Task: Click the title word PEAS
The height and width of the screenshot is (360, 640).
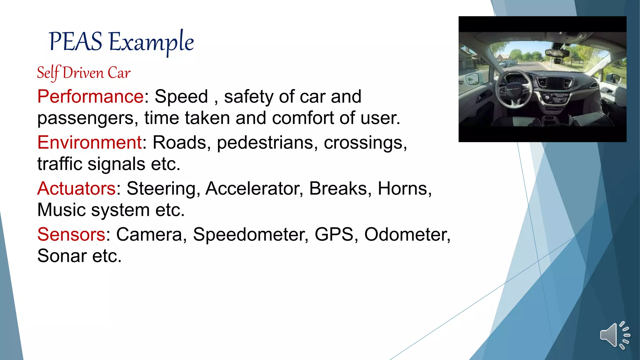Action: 76,42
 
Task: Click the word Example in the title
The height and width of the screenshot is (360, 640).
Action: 151,42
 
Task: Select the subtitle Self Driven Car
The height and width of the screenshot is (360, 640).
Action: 84,73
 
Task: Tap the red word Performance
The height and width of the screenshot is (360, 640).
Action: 90,96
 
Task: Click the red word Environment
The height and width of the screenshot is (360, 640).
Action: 90,142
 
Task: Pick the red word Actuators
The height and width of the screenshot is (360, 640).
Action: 77,188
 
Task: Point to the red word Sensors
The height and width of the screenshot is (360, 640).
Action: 71,234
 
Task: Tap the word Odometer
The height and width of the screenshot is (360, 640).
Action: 407,234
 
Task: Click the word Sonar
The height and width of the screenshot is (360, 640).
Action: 62,256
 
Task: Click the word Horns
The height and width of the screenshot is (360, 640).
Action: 404,188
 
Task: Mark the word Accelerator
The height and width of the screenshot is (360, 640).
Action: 254,188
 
